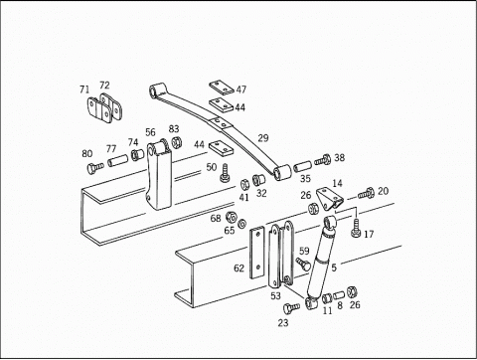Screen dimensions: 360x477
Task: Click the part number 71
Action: pos(84,90)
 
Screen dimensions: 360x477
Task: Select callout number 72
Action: pos(104,86)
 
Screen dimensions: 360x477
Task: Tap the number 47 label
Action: pos(240,90)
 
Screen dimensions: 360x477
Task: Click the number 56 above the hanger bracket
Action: pos(150,132)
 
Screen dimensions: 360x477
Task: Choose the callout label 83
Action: pos(174,128)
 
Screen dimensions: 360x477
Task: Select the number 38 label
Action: pos(339,157)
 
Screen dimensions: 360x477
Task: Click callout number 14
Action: pos(337,184)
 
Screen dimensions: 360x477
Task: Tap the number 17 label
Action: pos(369,235)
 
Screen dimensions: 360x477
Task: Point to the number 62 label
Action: pos(238,269)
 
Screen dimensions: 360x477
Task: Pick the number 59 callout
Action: pos(304,251)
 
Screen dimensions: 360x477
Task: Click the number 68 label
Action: pos(215,217)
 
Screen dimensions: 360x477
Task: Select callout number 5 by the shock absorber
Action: pos(333,267)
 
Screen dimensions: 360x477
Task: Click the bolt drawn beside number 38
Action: pos(321,159)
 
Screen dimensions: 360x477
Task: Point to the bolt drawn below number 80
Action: pos(92,168)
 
